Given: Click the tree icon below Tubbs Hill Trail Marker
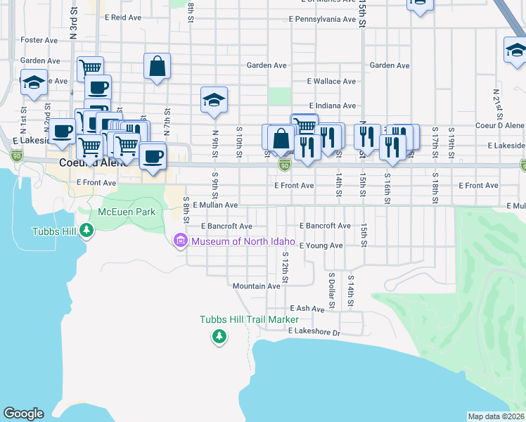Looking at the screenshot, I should click(219, 338).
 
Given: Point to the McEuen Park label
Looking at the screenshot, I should click(127, 211).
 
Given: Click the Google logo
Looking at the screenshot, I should click(23, 414).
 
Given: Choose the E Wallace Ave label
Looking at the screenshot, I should click(331, 82).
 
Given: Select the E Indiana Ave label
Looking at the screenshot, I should click(331, 105).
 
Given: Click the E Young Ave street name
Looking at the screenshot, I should click(321, 245).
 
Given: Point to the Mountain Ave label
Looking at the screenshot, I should click(257, 286).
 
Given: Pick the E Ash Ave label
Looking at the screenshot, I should click(307, 308).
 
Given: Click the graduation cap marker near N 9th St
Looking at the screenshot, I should click(214, 101).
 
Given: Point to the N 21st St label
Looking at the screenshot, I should click(496, 103).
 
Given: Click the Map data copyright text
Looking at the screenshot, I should click(496, 416).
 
